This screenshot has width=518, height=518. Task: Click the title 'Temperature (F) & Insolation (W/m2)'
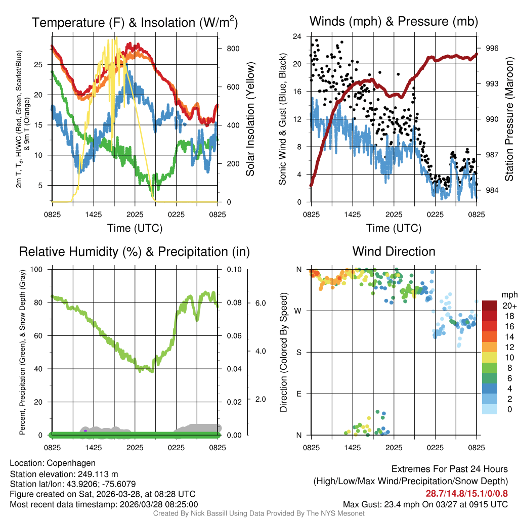(135, 23)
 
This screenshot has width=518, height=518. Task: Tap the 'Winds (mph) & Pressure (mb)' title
(394, 21)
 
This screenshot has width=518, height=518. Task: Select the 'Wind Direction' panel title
(394, 251)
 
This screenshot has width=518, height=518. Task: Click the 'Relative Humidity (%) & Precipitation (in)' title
(134, 251)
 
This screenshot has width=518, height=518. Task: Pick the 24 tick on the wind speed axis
(297, 37)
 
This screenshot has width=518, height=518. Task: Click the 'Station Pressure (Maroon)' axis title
(509, 119)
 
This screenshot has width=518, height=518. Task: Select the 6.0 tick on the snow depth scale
(260, 303)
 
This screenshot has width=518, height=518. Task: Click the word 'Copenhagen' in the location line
(71, 463)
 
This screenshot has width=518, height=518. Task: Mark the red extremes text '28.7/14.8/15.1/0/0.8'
(466, 494)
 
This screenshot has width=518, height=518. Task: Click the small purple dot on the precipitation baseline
(85, 430)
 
